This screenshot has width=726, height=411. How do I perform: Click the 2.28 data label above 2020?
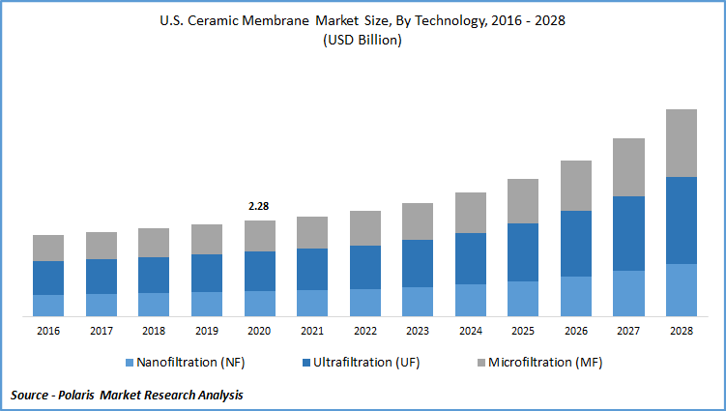pyautogui.click(x=259, y=206)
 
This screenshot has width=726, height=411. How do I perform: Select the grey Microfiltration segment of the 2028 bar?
pyautogui.click(x=681, y=143)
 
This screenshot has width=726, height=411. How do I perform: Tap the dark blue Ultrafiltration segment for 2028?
pyautogui.click(x=681, y=220)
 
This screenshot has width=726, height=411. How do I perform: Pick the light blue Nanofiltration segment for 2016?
pyautogui.click(x=48, y=306)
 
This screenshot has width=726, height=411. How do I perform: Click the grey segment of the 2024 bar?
pyautogui.click(x=470, y=213)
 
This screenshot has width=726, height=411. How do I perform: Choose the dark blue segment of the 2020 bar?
pyautogui.click(x=259, y=272)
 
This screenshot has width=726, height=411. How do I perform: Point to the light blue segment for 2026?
pyautogui.click(x=575, y=296)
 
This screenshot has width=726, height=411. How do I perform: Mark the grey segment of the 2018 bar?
pyautogui.click(x=154, y=243)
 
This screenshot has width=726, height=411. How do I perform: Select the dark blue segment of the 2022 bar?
pyautogui.click(x=364, y=267)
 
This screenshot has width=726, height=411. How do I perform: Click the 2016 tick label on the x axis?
pyautogui.click(x=48, y=331)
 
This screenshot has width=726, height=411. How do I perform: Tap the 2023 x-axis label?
pyautogui.click(x=417, y=331)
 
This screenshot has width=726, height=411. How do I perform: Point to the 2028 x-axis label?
pyautogui.click(x=681, y=331)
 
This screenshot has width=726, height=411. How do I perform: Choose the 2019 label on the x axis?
pyautogui.click(x=206, y=331)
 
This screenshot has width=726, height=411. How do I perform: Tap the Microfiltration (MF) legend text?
pyautogui.click(x=545, y=364)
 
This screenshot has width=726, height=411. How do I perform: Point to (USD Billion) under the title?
pyautogui.click(x=363, y=41)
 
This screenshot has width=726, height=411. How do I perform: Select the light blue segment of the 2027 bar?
pyautogui.click(x=628, y=293)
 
